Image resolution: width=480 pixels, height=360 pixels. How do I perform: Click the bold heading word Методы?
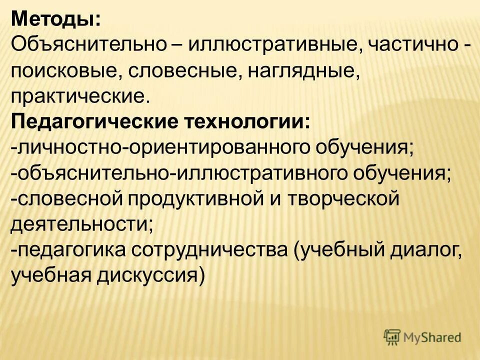(x=55, y=19)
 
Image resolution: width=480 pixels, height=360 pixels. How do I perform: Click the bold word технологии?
(x=247, y=121)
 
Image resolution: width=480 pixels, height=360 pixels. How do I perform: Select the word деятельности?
(x=82, y=224)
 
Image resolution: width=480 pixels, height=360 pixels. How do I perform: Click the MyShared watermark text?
(x=432, y=337)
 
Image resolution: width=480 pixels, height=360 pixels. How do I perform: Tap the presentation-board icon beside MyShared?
(x=393, y=337)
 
